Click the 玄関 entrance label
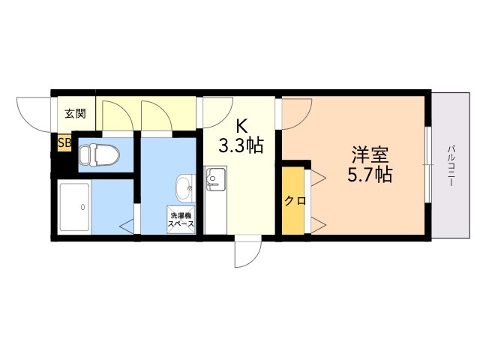click(74, 114)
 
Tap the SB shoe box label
click(64, 142)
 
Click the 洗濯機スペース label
click(181, 220)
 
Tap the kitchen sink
click(214, 179)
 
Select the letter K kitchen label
click(241, 125)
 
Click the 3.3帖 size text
click(240, 145)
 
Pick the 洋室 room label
click(370, 156)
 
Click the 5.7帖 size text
click(369, 176)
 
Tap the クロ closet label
click(293, 201)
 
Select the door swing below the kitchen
click(246, 253)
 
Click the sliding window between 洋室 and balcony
click(427, 164)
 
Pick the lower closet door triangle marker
click(318, 223)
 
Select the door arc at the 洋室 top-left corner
click(297, 112)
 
